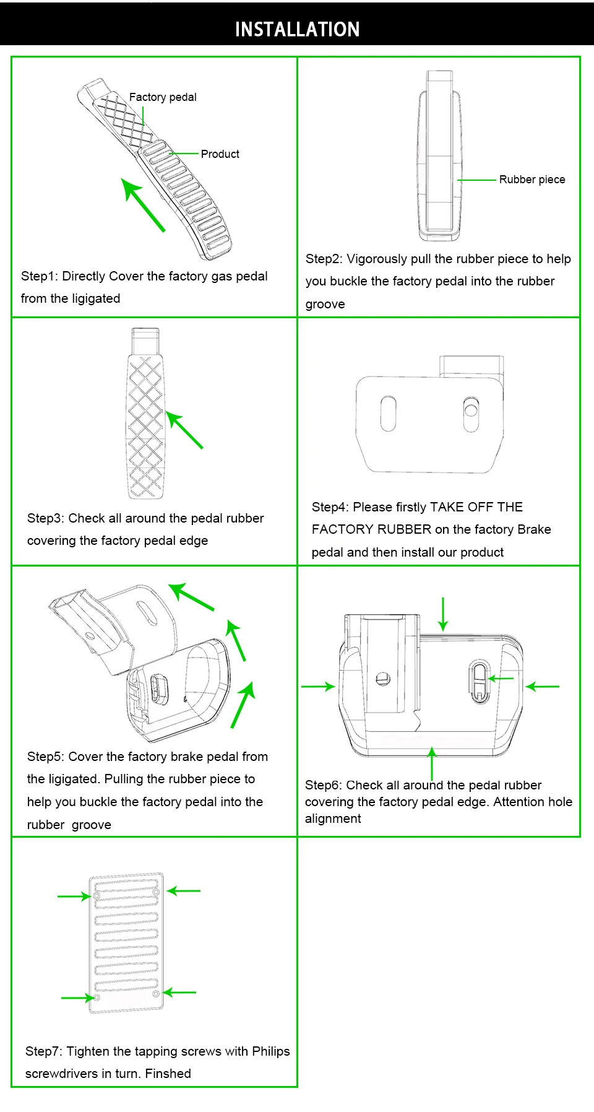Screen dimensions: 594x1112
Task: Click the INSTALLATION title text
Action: click(297, 29)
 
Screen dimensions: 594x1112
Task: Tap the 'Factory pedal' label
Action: click(163, 97)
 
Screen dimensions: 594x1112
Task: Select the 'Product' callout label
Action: click(220, 154)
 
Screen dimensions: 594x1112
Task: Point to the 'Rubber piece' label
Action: click(532, 180)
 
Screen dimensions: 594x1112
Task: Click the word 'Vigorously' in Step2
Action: click(377, 259)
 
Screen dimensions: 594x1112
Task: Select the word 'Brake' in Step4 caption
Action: click(534, 529)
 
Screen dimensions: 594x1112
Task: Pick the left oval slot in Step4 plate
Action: click(389, 414)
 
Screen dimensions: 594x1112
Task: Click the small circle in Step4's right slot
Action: click(471, 409)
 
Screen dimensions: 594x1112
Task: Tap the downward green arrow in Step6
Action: click(443, 614)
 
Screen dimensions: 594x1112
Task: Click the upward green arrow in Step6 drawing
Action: click(432, 763)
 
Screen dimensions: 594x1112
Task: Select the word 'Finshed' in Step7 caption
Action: click(168, 1074)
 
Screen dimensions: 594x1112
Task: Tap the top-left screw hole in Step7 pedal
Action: click(97, 896)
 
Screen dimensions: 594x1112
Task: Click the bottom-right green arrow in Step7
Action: click(179, 993)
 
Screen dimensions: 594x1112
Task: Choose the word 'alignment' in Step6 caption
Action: click(333, 819)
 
